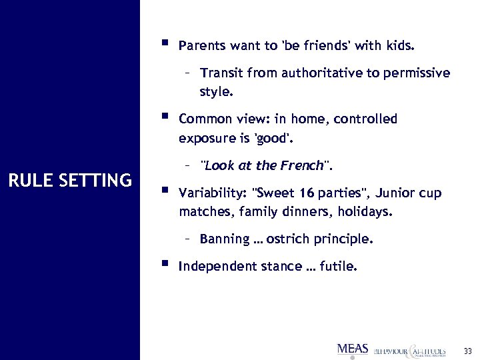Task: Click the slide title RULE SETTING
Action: click(x=69, y=180)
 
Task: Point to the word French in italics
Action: click(x=302, y=165)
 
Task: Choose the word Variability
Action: click(x=211, y=194)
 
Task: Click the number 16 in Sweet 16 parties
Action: click(x=288, y=194)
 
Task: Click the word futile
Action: click(x=339, y=267)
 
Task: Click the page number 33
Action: click(x=467, y=350)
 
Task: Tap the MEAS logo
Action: click(x=353, y=349)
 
